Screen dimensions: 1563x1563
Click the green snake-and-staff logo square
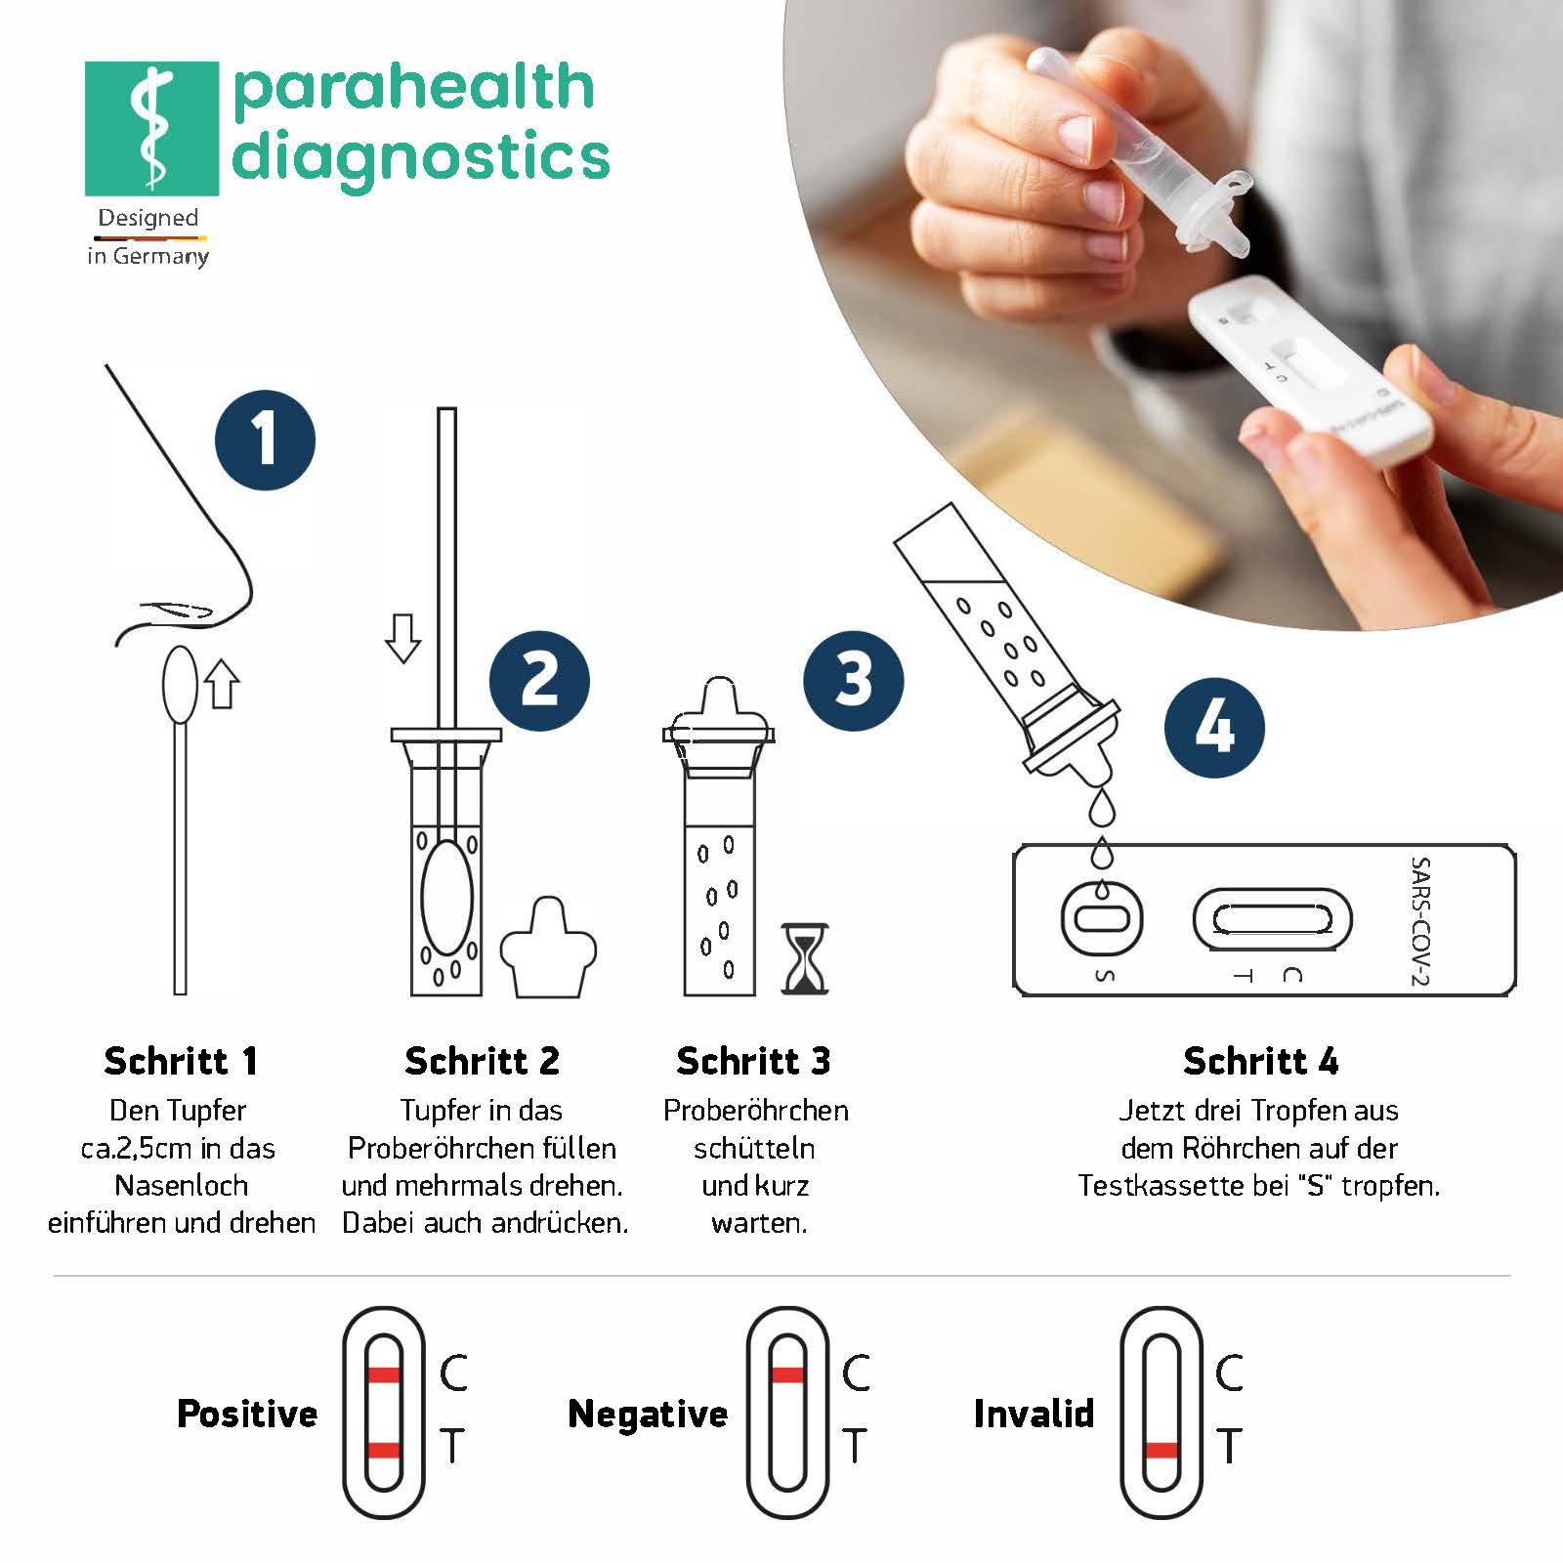pos(151,128)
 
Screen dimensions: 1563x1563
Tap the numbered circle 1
pos(265,440)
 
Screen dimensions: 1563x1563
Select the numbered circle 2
pos(539,681)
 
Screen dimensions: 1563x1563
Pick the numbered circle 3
pos(853,681)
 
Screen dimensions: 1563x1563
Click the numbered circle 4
pos(1214,728)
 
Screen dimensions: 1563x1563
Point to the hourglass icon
pos(805,959)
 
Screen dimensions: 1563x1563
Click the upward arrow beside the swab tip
pos(223,683)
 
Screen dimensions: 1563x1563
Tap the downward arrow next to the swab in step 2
pos(402,638)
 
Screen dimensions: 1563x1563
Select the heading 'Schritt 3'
pos(753,1061)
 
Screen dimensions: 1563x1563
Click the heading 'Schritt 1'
pos(181,1061)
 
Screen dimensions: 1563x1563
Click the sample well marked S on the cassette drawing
pos(1102,919)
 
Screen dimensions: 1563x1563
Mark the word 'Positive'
pos(247,1414)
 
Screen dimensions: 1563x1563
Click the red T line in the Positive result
pos(384,1450)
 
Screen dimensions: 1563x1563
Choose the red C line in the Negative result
pos(787,1375)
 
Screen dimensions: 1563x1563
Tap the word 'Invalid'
pos(1034,1414)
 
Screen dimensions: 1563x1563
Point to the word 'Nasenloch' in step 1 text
pos(181,1186)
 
